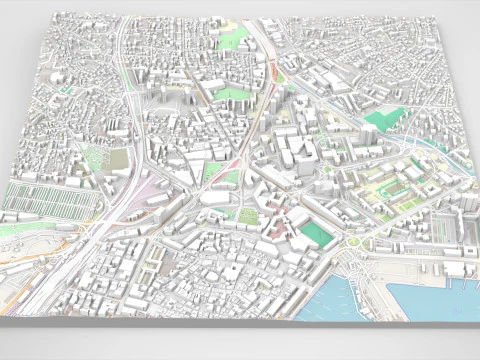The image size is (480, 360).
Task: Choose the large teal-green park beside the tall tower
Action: (x=381, y=121)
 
